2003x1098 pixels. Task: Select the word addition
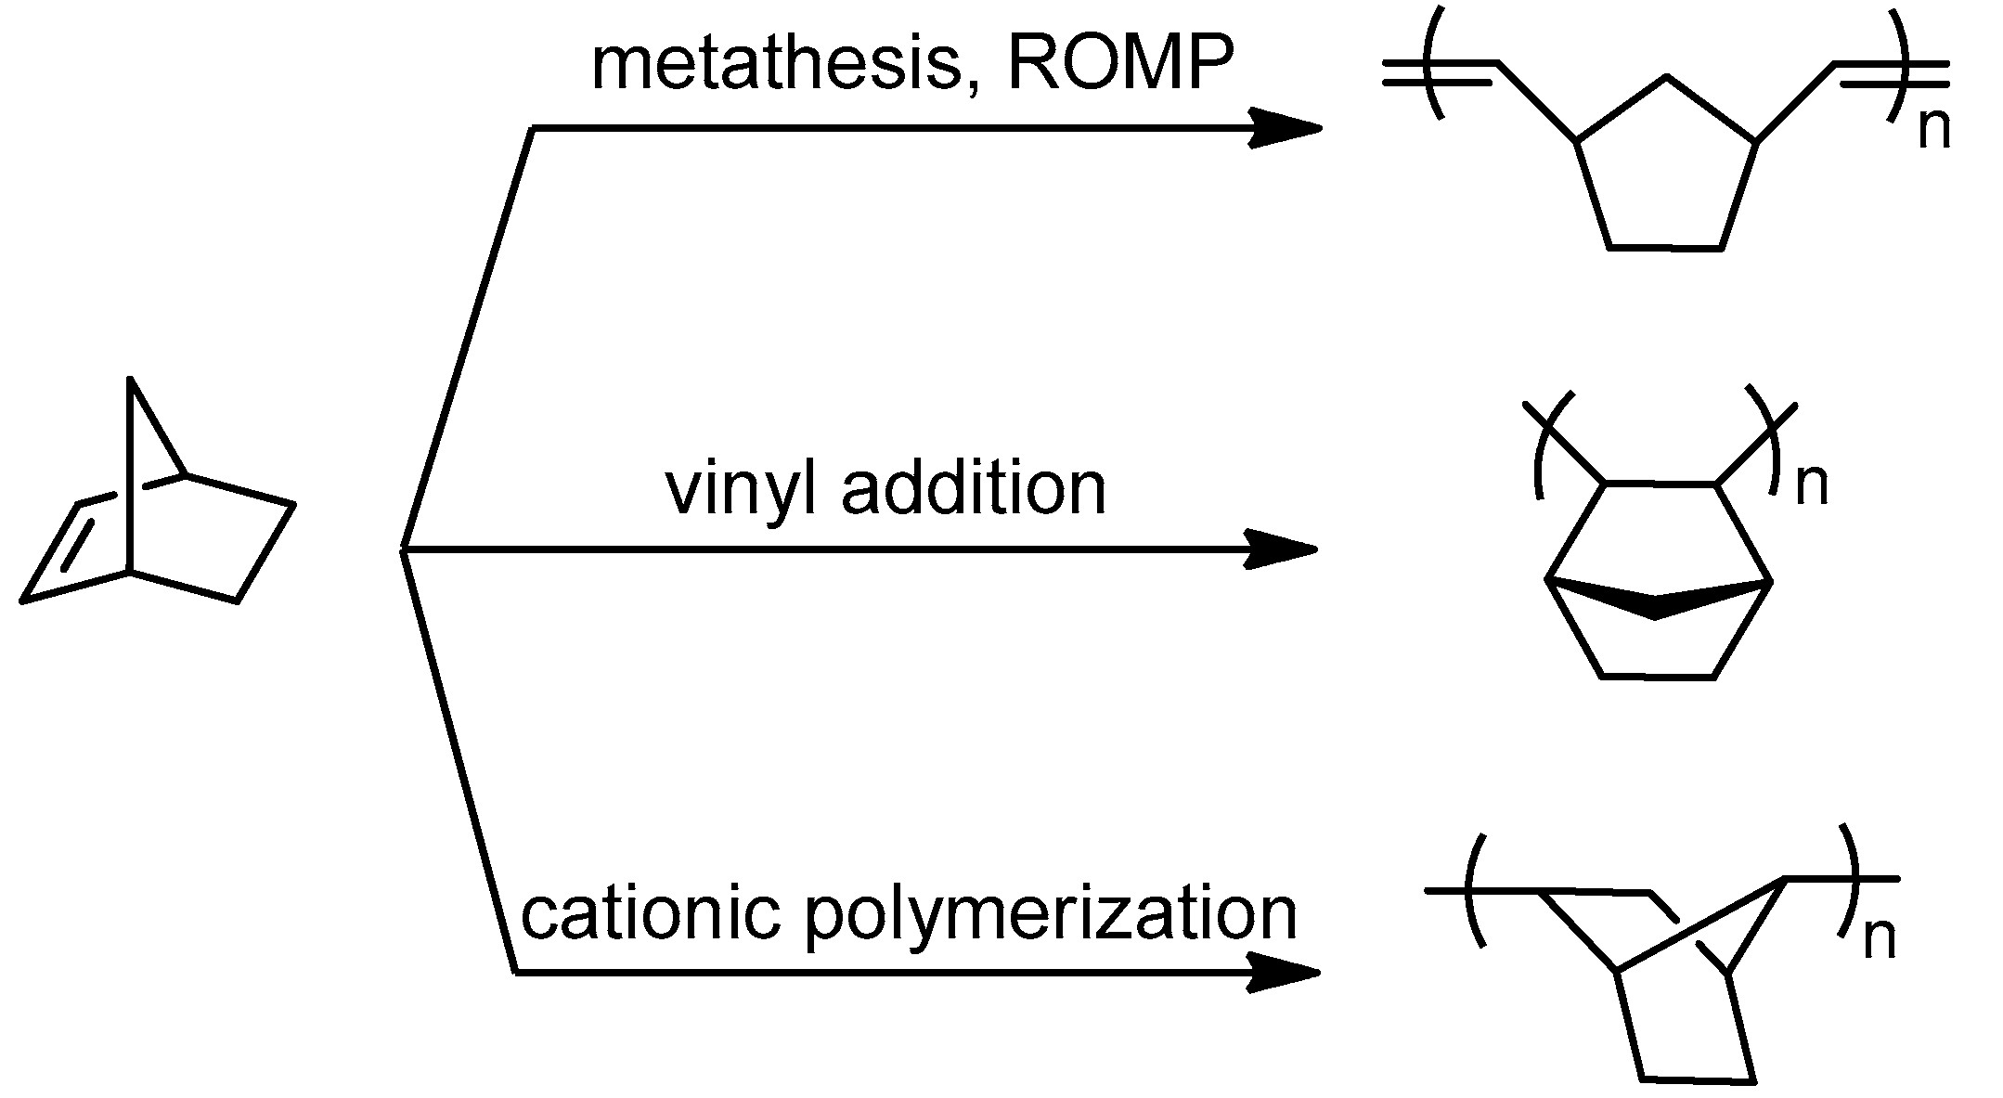(974, 489)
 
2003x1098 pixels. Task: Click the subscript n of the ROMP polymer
(1933, 131)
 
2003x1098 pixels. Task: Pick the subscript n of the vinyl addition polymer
(1811, 485)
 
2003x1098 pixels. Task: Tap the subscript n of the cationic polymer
(1880, 938)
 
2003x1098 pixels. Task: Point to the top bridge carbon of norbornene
(130, 380)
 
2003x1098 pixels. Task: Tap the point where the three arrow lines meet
(403, 550)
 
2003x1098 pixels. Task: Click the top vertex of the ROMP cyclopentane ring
(1667, 77)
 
